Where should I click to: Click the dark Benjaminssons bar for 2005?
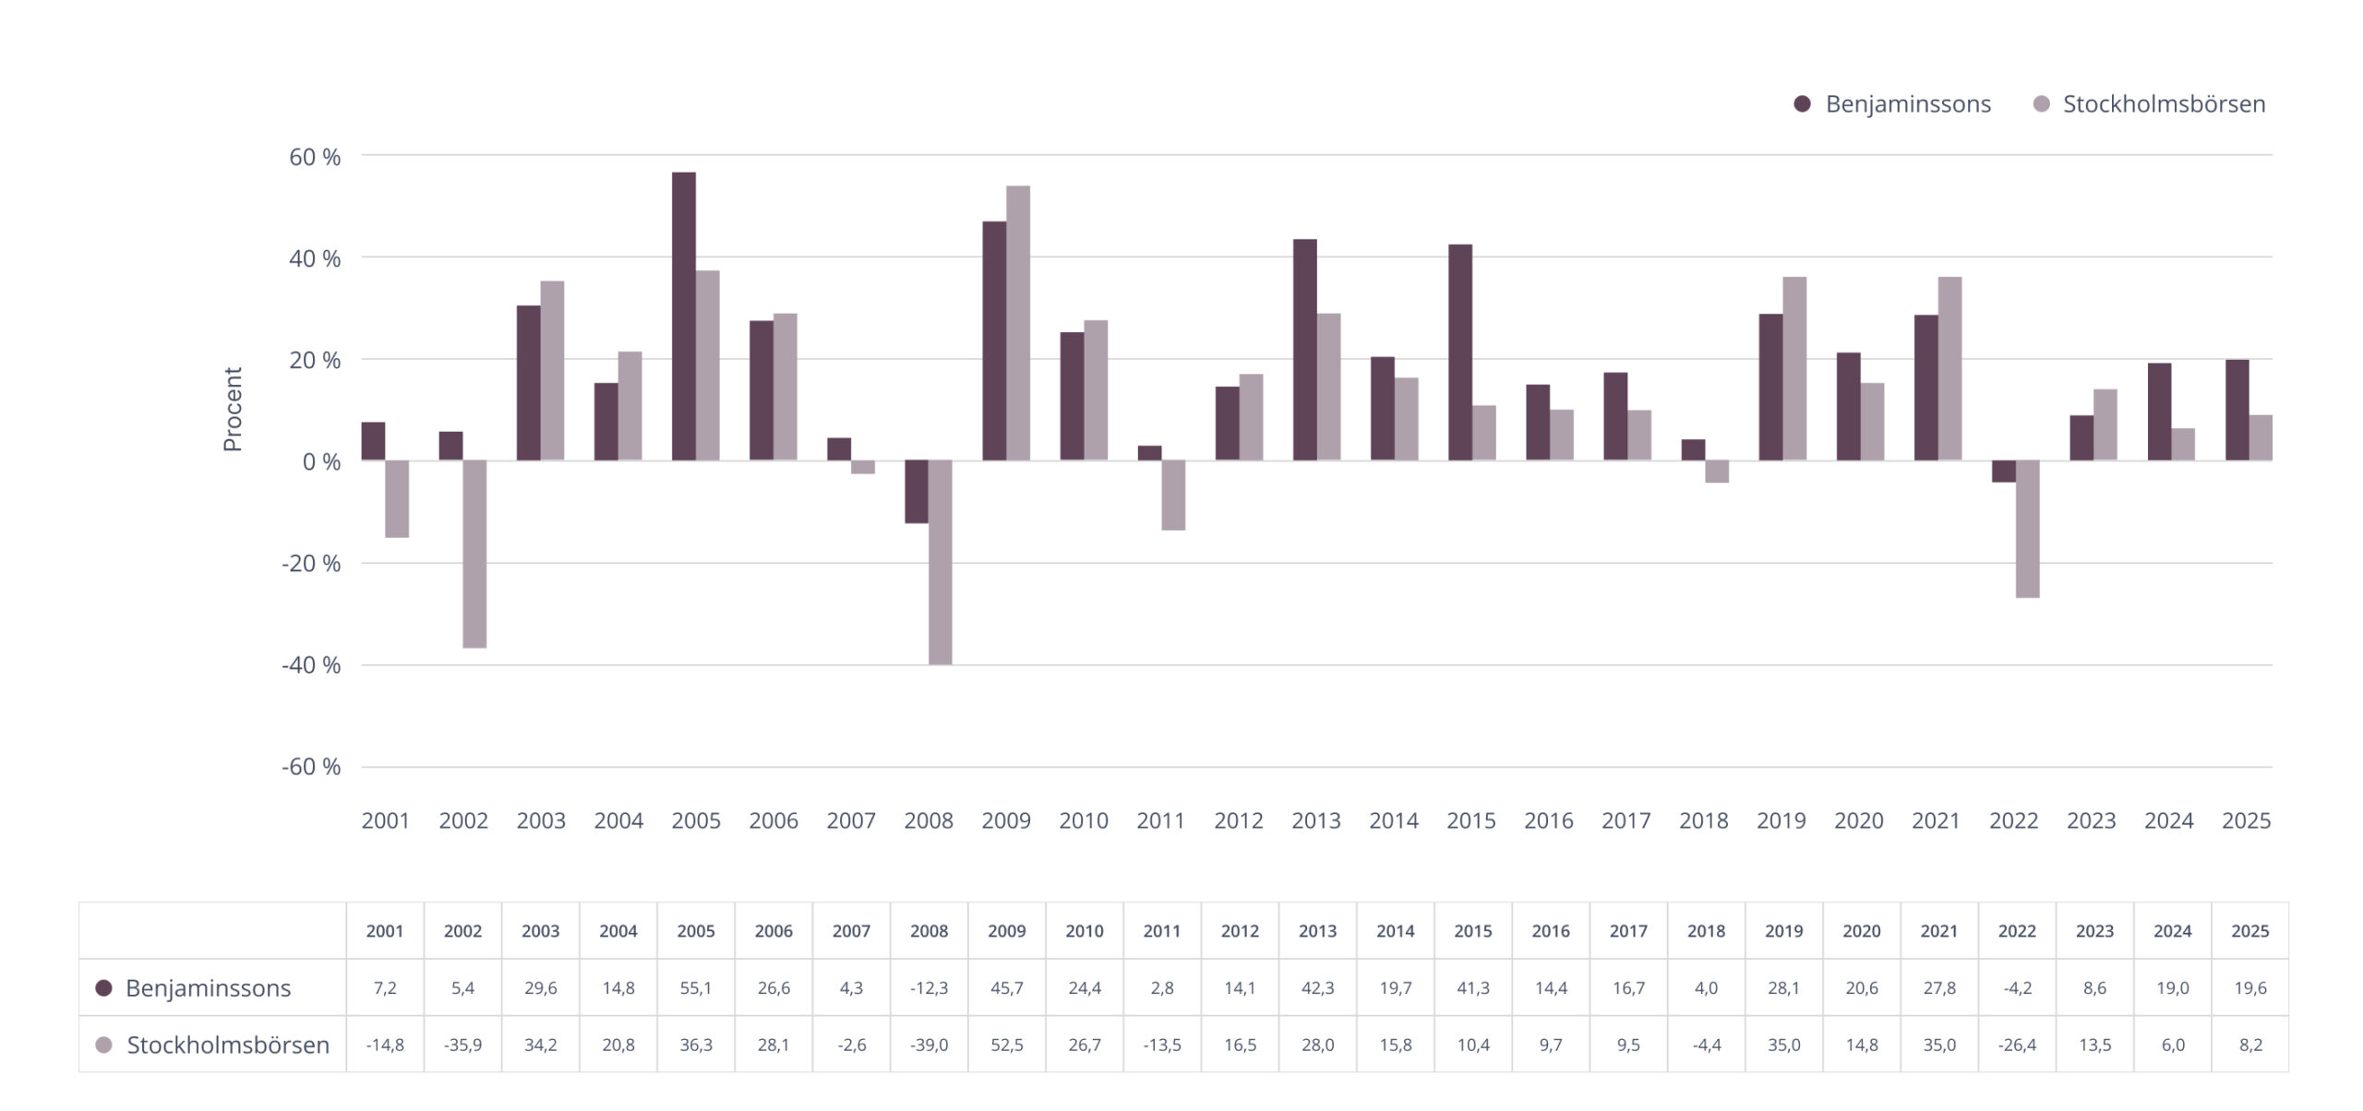[x=683, y=317]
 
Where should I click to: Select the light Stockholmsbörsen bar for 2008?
[x=940, y=562]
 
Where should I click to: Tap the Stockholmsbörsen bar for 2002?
[x=474, y=554]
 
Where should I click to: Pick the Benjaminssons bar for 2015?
[x=1459, y=352]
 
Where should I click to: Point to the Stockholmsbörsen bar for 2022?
[x=2027, y=529]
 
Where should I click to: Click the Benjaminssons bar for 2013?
[x=1304, y=350]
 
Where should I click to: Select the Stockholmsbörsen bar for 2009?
[x=1017, y=323]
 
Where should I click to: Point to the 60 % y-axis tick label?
[x=314, y=157]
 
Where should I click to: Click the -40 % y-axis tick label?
[x=310, y=664]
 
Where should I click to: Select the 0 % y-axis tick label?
[x=320, y=461]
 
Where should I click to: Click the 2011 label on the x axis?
[x=1160, y=820]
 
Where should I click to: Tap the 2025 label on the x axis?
[x=2246, y=820]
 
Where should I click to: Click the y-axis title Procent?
[x=233, y=410]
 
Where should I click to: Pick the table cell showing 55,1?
[x=696, y=988]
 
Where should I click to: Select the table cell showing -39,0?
[x=929, y=1045]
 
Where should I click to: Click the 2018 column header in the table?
[x=1706, y=931]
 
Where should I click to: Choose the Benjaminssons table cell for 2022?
[x=2017, y=988]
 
